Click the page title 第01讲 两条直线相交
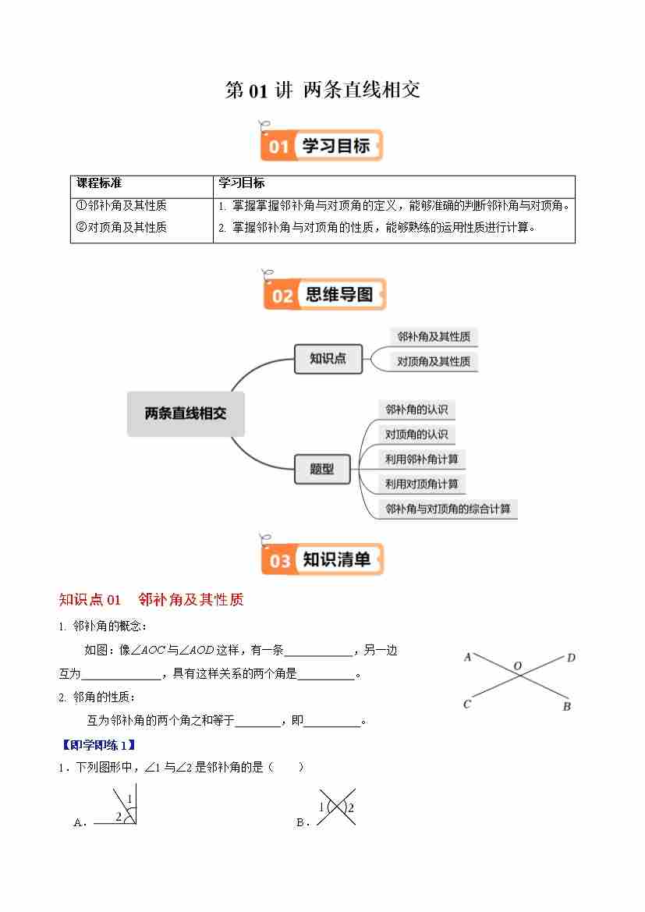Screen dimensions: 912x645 click(x=322, y=90)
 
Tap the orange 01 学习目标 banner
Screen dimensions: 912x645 click(x=321, y=146)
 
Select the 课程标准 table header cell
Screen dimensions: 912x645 click(x=99, y=183)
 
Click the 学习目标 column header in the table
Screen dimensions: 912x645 click(x=242, y=183)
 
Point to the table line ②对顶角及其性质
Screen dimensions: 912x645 click(x=122, y=228)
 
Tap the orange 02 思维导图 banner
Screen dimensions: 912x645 click(x=324, y=295)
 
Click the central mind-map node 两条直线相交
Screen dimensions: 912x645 click(x=186, y=413)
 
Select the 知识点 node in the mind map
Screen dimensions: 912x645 click(x=328, y=359)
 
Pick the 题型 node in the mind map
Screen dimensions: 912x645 click(x=321, y=469)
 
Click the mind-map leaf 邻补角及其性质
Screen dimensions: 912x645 click(x=433, y=337)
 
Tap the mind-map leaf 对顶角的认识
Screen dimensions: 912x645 click(x=416, y=435)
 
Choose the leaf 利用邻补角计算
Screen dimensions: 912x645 click(x=421, y=460)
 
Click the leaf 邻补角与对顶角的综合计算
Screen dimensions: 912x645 click(x=448, y=509)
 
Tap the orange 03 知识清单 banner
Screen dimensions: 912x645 click(x=323, y=559)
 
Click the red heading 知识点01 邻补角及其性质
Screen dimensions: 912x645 click(x=151, y=600)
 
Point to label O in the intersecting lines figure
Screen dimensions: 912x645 click(x=516, y=666)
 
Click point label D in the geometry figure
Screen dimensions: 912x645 click(x=571, y=658)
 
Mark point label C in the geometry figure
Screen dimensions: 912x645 click(x=467, y=704)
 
